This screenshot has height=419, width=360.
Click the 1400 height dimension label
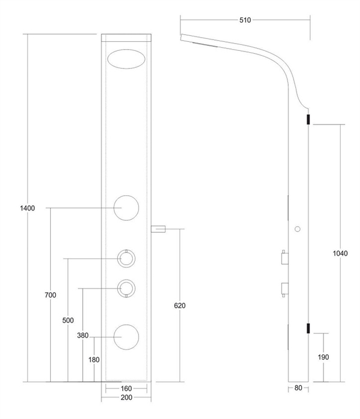pyautogui.click(x=28, y=208)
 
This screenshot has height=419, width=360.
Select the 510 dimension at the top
pyautogui.click(x=245, y=20)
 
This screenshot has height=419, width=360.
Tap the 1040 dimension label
pyautogui.click(x=340, y=253)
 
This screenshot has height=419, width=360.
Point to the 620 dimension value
pyautogui.click(x=180, y=305)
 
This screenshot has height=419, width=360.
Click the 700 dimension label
pyautogui.click(x=50, y=295)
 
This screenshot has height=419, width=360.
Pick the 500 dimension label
pyautogui.click(x=68, y=320)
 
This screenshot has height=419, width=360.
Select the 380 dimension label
pyautogui.click(x=83, y=335)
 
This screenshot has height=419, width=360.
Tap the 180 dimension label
pyautogui.click(x=94, y=360)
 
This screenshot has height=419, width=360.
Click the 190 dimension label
pyautogui.click(x=323, y=357)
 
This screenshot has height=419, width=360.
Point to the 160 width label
pyautogui.click(x=126, y=388)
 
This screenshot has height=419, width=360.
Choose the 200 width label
pyautogui.click(x=126, y=397)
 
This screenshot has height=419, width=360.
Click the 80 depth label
pyautogui.click(x=298, y=388)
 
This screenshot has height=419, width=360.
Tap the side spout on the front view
pyautogui.click(x=158, y=229)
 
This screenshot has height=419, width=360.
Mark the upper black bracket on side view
pyautogui.click(x=308, y=120)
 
